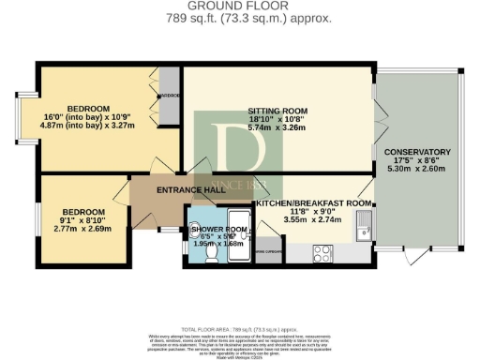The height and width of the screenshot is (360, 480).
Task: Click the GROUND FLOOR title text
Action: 240,6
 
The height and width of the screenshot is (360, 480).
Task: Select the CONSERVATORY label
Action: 418,152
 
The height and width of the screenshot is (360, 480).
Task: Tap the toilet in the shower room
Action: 212,253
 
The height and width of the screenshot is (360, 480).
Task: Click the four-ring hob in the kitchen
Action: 322,253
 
